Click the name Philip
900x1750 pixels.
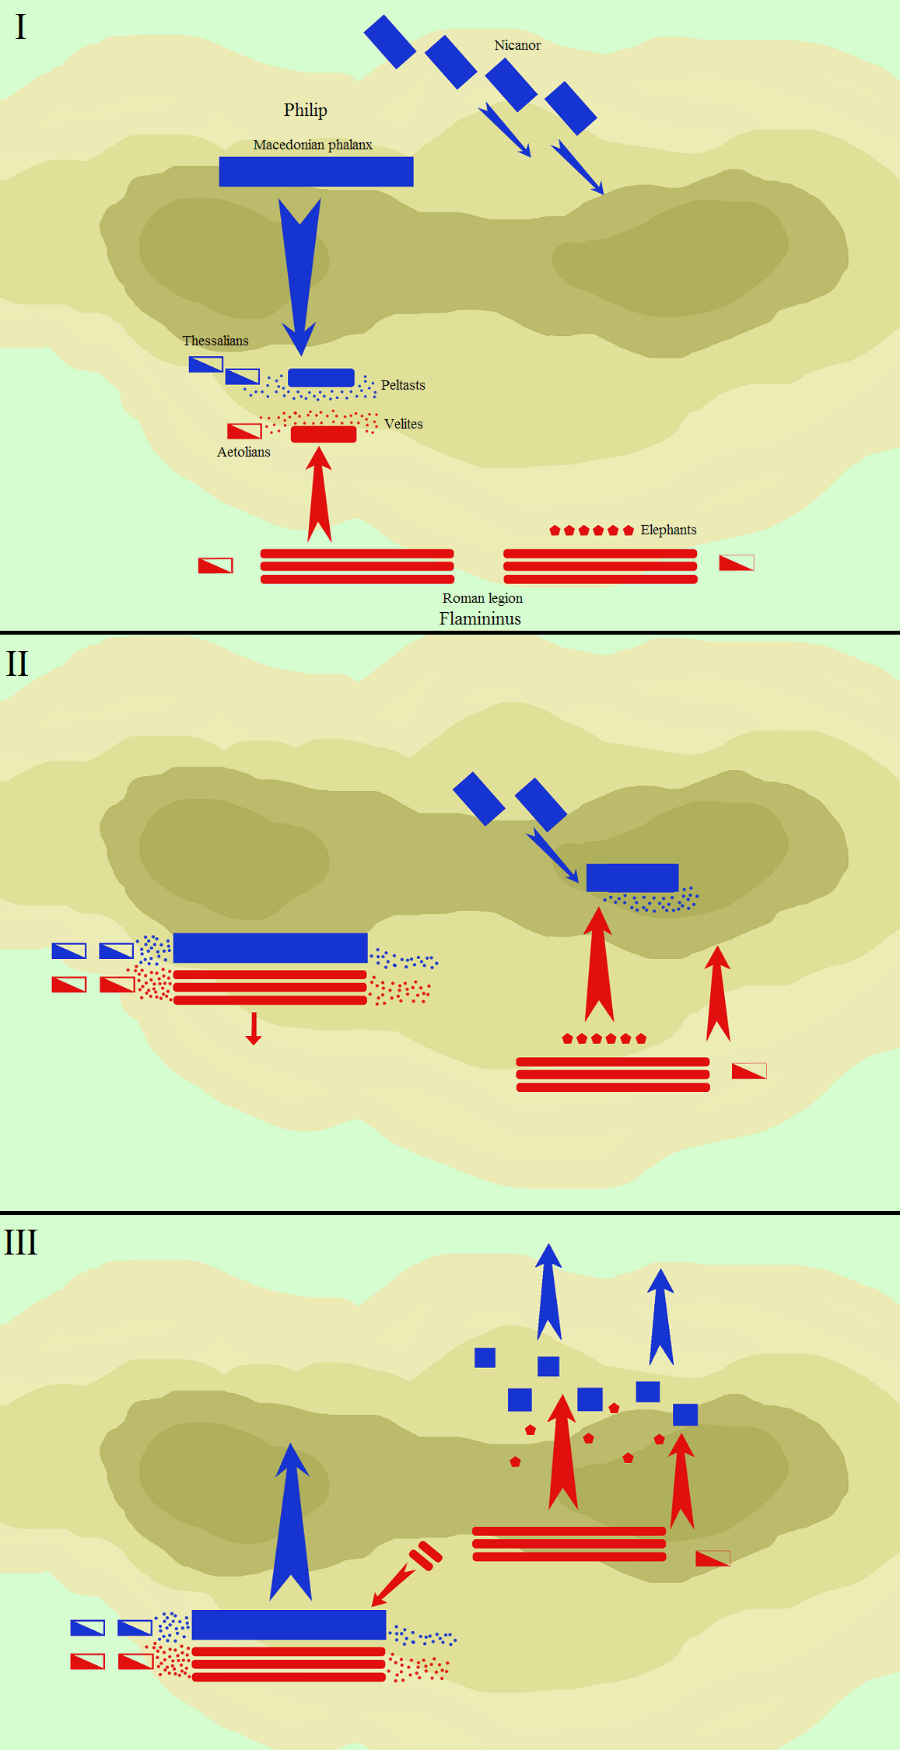point(305,110)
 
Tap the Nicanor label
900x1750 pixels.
point(517,45)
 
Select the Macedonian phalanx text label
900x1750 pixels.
point(313,145)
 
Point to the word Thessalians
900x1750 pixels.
point(215,341)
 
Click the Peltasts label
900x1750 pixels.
point(403,385)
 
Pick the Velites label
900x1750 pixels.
point(404,424)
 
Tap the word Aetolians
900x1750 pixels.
point(243,452)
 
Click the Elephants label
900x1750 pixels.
point(668,530)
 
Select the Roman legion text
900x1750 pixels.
point(482,598)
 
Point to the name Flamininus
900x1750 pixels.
point(480,619)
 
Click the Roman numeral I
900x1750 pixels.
point(20,27)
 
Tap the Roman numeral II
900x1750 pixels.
point(17,664)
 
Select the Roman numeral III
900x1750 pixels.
point(21,1242)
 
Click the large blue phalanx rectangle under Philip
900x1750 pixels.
point(316,172)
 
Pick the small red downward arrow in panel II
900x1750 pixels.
point(254,1028)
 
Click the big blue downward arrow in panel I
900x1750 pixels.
point(299,277)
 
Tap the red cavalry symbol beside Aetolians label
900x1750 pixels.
point(244,431)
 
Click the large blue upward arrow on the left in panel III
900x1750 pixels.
point(291,1521)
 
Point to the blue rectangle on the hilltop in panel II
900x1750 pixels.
point(632,877)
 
